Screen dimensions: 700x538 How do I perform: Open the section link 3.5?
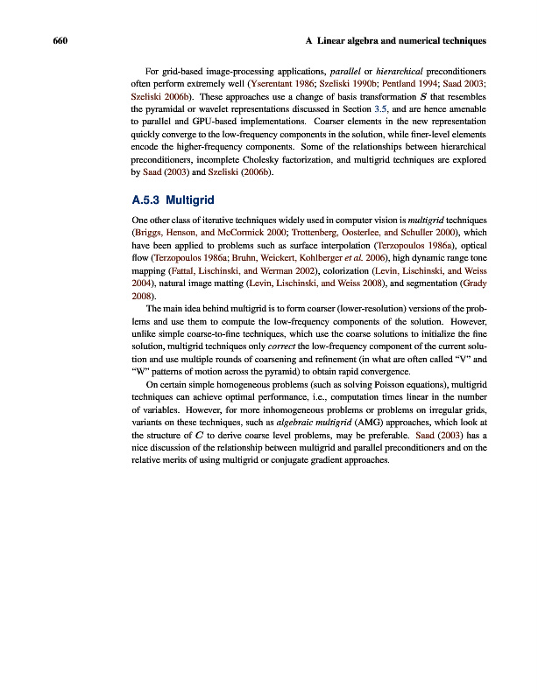[380, 110]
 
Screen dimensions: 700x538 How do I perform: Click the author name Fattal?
[183, 277]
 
